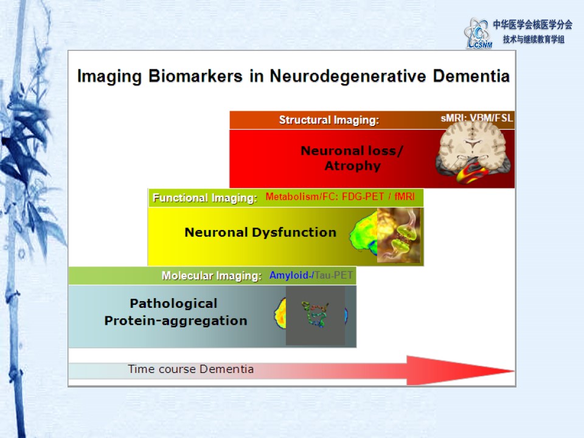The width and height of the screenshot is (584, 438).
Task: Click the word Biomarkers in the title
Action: (195, 77)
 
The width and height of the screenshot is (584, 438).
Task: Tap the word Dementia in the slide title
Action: (471, 76)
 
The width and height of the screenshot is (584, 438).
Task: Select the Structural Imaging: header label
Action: (329, 120)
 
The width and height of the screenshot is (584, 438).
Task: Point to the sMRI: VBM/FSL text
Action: (477, 118)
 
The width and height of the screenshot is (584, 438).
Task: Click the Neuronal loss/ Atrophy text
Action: (352, 158)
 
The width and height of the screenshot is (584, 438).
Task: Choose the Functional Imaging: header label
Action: (205, 198)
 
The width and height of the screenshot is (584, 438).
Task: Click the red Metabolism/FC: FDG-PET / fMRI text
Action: (340, 196)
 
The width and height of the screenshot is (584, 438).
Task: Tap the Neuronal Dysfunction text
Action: (260, 232)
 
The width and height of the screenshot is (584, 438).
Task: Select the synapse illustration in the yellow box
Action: (398, 235)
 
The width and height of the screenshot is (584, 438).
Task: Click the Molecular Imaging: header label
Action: (212, 276)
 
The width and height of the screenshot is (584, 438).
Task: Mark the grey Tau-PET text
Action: (333, 275)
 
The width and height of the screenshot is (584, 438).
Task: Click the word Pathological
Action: (173, 304)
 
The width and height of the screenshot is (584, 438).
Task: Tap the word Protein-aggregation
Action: (176, 321)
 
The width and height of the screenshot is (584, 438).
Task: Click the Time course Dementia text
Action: (190, 369)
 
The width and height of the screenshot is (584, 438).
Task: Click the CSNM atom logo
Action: (478, 33)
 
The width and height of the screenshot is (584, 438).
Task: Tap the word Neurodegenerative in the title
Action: (348, 77)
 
